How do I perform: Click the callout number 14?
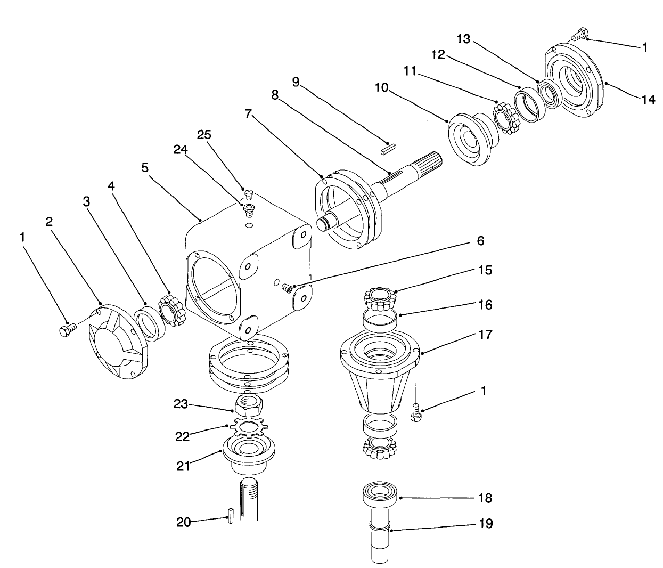648,99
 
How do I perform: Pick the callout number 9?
296,82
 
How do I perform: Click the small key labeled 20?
231,516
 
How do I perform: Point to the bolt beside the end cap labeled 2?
67,330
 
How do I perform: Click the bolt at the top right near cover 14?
578,35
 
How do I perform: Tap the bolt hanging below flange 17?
415,412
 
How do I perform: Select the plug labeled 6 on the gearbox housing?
288,288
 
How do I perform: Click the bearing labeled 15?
380,300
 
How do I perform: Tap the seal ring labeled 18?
380,491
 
